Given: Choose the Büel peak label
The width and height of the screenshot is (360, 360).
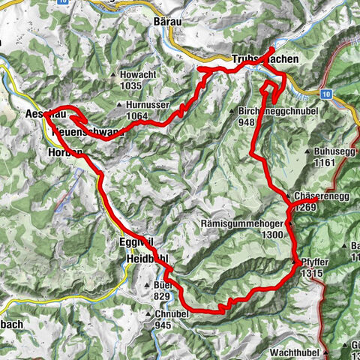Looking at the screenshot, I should click(x=161, y=286).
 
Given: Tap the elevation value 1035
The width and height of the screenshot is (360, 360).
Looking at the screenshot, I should click(x=130, y=86).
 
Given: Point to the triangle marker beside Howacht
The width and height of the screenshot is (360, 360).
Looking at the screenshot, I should click(x=112, y=75).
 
